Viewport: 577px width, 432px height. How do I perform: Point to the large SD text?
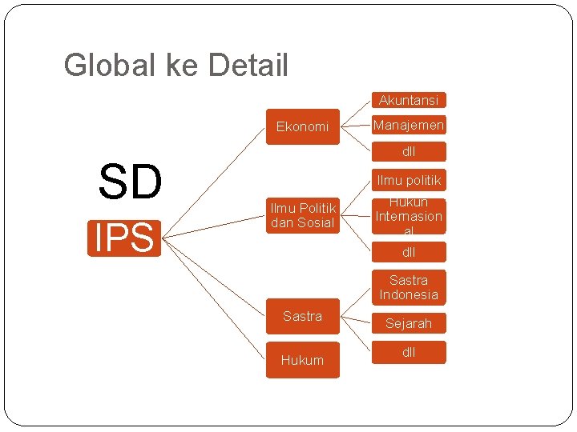(130, 182)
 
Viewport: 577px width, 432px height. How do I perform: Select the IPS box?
(124, 238)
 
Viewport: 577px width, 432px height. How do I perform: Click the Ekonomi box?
(302, 126)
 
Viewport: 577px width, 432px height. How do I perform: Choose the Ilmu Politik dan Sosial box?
(302, 215)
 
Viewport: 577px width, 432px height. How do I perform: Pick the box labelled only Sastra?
(302, 317)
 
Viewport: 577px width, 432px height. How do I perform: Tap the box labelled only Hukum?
(302, 360)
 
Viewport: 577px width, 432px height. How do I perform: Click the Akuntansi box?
(408, 100)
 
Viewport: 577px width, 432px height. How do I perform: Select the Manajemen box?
(408, 126)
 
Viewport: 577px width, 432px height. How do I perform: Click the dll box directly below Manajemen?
(408, 151)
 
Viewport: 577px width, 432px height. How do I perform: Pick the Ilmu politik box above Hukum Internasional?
(408, 180)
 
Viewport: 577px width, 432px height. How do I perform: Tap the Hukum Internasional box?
(408, 216)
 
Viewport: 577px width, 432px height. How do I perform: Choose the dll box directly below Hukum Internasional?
(408, 252)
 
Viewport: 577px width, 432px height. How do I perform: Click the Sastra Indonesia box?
(408, 287)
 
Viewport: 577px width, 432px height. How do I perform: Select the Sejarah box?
(408, 323)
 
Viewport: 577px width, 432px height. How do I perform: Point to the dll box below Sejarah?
(408, 352)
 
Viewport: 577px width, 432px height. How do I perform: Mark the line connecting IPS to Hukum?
(215, 298)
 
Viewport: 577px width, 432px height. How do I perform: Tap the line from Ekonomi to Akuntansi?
(355, 113)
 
